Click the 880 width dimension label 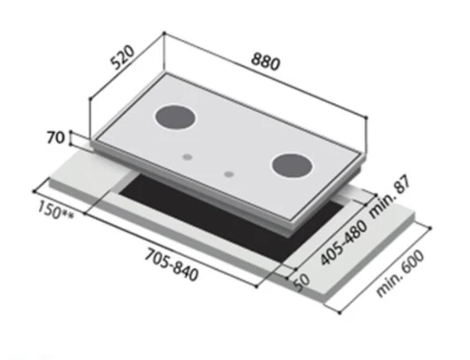click(x=266, y=62)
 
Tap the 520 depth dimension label click(x=123, y=57)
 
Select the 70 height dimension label click(x=56, y=138)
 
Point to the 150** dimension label click(x=56, y=211)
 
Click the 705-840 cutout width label click(x=172, y=265)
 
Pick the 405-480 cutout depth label click(x=343, y=243)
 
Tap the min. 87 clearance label click(x=390, y=198)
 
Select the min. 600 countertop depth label click(x=400, y=273)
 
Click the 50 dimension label click(x=301, y=283)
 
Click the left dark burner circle click(x=175, y=118)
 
